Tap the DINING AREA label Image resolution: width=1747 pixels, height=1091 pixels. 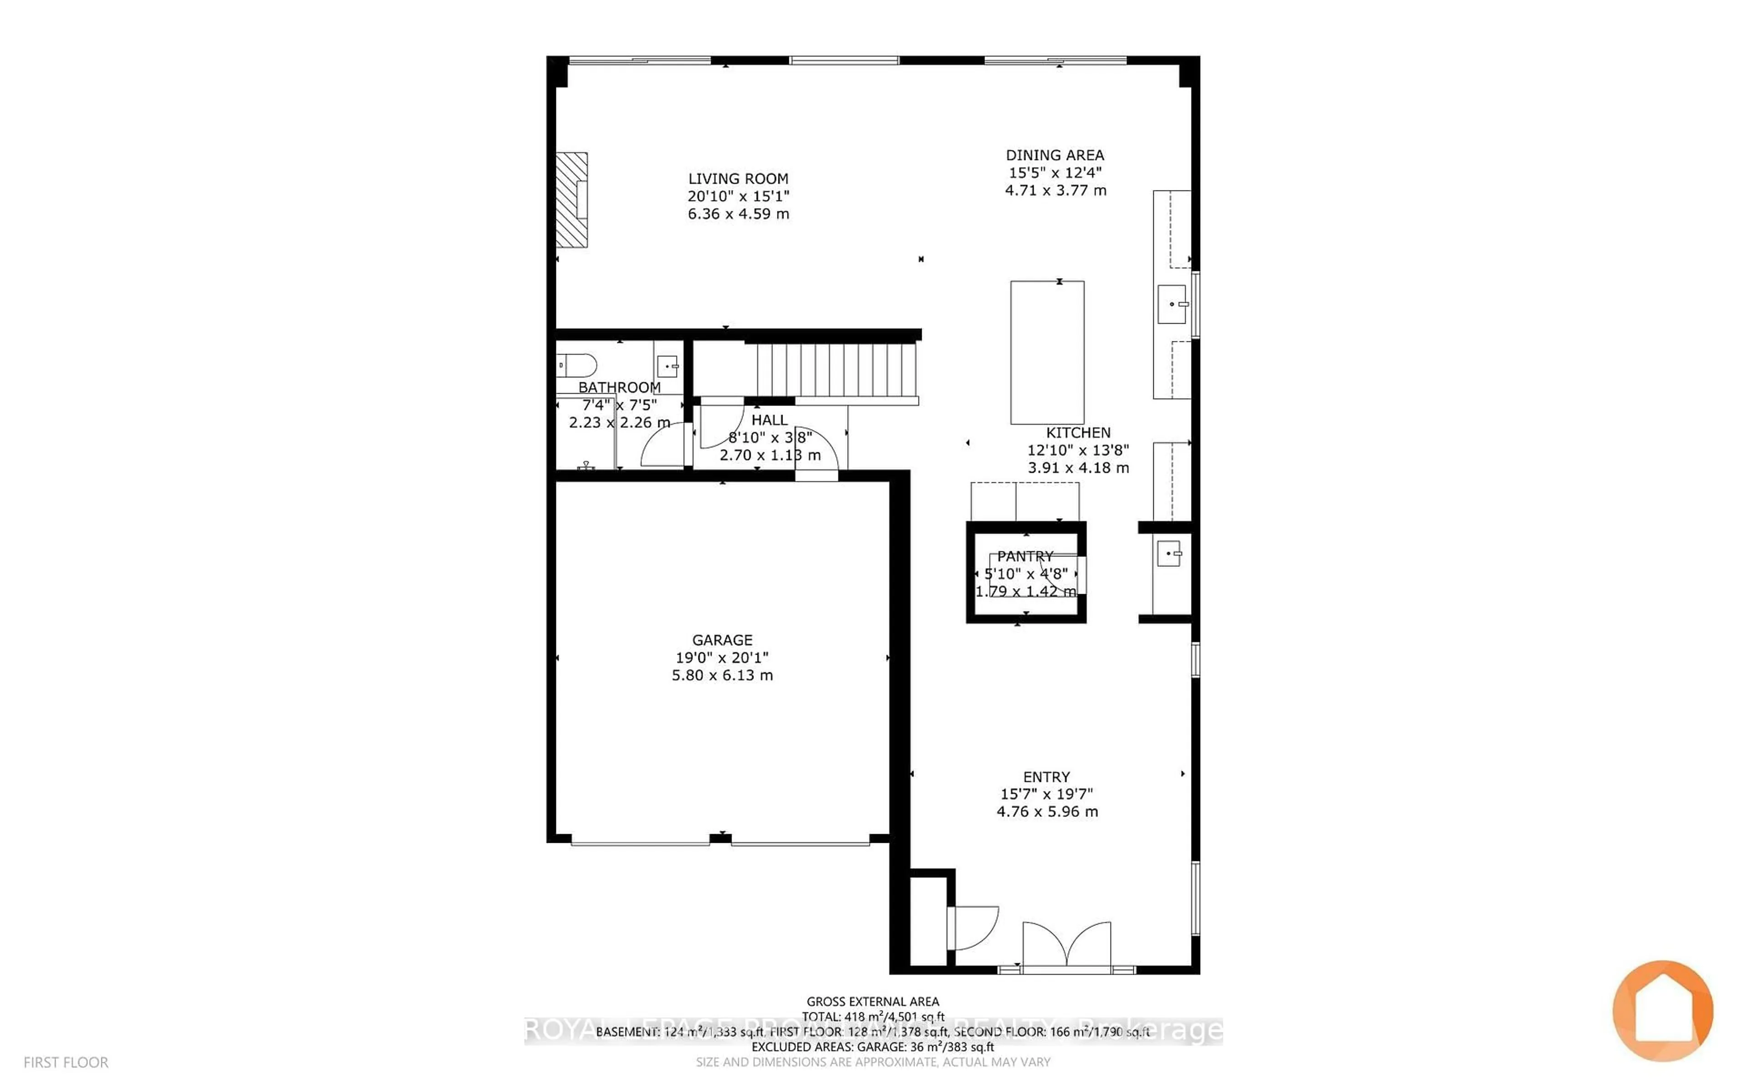click(x=1055, y=155)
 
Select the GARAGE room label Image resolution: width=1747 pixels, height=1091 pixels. click(x=722, y=640)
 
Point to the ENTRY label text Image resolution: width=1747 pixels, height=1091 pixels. click(x=1046, y=777)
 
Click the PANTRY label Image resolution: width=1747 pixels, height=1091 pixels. click(x=1025, y=556)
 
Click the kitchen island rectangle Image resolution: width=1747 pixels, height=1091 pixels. click(x=1047, y=352)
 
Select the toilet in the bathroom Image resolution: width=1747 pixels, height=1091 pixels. click(x=577, y=365)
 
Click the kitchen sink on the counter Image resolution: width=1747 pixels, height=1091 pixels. click(x=1171, y=304)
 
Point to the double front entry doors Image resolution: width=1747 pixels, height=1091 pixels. click(x=1066, y=944)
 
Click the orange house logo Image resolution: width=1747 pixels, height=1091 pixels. click(x=1662, y=1010)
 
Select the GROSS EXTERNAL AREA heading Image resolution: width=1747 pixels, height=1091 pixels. click(x=872, y=1001)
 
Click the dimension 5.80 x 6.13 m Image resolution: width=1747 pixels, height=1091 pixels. click(x=722, y=676)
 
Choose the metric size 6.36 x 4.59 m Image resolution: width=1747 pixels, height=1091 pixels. click(x=738, y=214)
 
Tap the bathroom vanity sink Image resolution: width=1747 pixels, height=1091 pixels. click(x=668, y=366)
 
